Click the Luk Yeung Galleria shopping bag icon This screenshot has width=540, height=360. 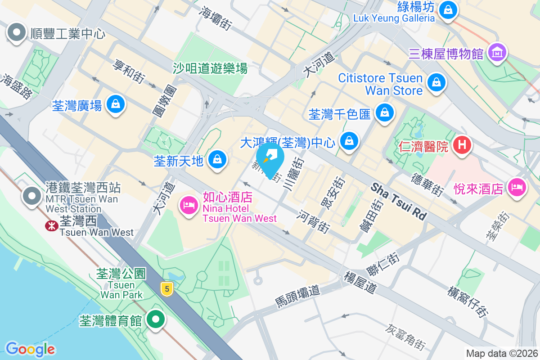pos(448,9)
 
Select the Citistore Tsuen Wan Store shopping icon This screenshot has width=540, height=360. pos(436,82)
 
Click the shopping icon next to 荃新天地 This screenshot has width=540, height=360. pos(217,159)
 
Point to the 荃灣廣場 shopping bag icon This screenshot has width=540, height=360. pos(116,104)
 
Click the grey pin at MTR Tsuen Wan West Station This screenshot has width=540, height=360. pos(31,195)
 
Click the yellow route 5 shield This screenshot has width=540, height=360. pos(167,289)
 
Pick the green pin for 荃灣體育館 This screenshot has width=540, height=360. pos(156,319)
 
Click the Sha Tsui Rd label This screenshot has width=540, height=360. pos(399,201)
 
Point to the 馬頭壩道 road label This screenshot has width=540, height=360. pos(297,297)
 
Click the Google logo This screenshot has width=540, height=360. pos(30,349)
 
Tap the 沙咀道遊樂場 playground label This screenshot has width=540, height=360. pos(210,68)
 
